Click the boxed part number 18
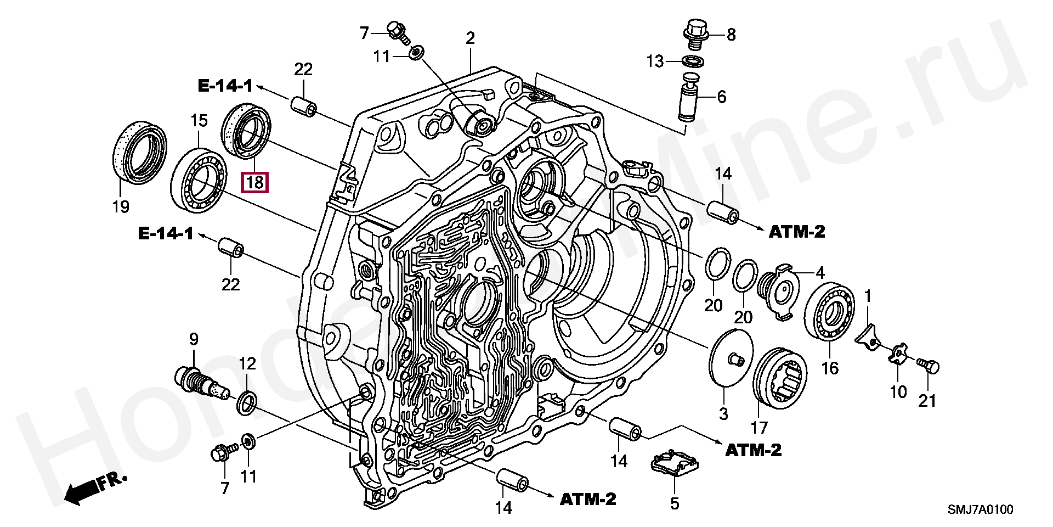tap(255, 182)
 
